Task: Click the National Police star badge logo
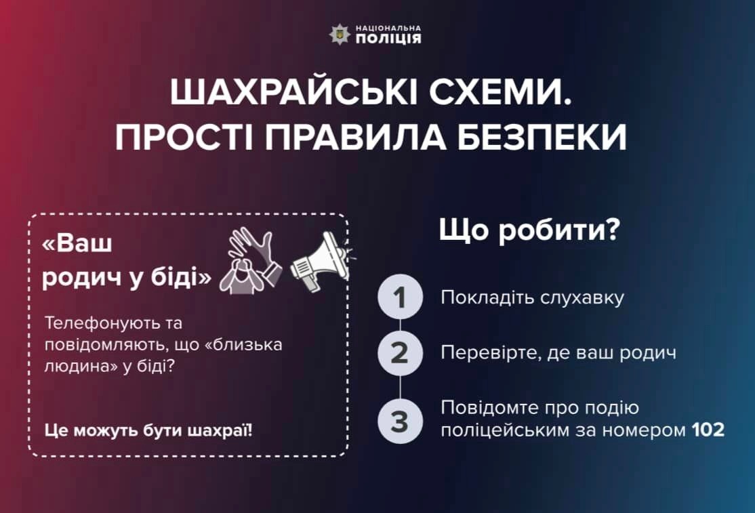tap(340, 35)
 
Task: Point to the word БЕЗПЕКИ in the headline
tap(542, 137)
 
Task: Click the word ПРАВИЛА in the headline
tap(355, 137)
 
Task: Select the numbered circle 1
tap(400, 297)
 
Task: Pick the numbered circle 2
tap(400, 353)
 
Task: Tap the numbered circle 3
tap(400, 421)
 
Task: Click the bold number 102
tap(708, 429)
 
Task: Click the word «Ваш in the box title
tap(77, 243)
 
